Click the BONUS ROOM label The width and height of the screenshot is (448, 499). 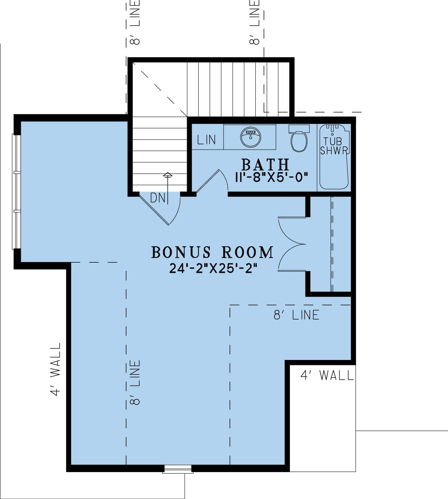[213, 252]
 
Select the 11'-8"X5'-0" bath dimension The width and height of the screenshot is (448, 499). [271, 178]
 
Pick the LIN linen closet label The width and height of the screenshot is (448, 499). [206, 140]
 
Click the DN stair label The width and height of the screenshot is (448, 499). [157, 198]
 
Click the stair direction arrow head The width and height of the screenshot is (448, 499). [167, 175]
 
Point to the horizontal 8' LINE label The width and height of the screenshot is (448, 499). [296, 315]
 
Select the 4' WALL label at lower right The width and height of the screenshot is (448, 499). [327, 376]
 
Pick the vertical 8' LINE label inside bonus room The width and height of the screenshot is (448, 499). [135, 382]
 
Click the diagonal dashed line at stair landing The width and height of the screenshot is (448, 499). [164, 93]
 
